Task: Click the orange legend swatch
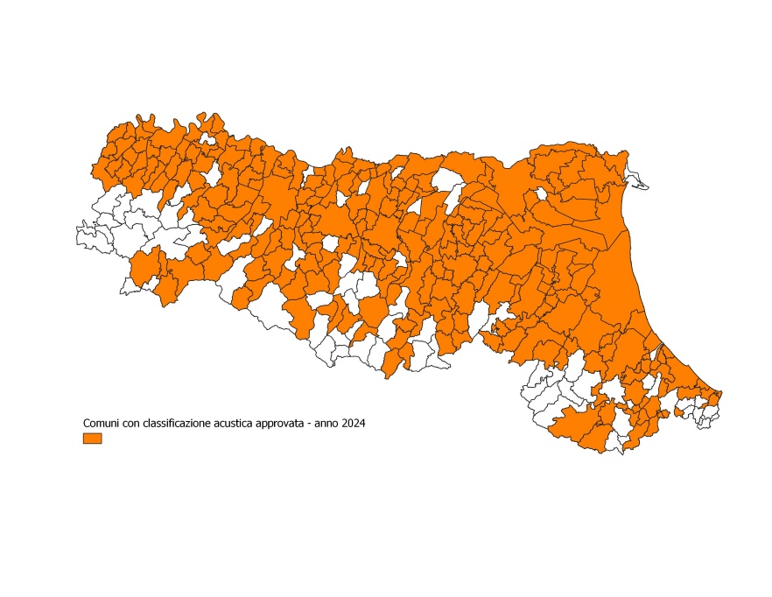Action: coord(92,438)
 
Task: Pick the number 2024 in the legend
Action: coord(352,424)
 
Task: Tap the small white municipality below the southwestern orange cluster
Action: coord(135,284)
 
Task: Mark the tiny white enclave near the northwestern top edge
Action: coord(207,138)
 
